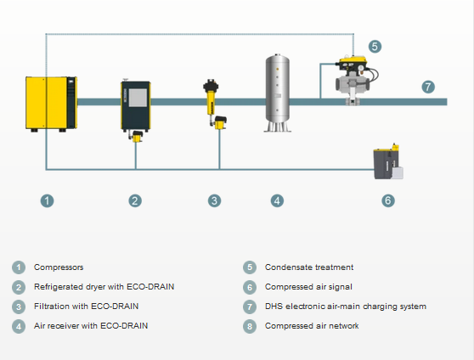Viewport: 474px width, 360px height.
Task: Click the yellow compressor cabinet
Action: [x=51, y=104]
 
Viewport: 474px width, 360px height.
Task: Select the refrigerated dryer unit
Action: [x=136, y=105]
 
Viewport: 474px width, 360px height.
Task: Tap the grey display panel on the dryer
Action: [x=138, y=98]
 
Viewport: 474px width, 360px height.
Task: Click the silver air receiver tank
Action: [x=278, y=93]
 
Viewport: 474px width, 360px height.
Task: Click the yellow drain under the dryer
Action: [x=137, y=137]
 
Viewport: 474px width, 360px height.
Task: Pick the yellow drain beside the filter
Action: [x=220, y=123]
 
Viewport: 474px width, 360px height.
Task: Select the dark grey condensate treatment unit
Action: [x=388, y=162]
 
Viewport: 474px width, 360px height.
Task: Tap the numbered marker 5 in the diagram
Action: [x=375, y=47]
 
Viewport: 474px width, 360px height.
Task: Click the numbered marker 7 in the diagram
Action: [x=428, y=87]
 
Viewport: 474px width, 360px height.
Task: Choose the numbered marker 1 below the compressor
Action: [x=48, y=201]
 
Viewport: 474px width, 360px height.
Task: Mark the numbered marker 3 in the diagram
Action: [x=214, y=201]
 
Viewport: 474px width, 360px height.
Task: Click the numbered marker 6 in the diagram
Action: [x=388, y=200]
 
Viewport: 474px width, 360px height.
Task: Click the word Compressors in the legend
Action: [x=59, y=267]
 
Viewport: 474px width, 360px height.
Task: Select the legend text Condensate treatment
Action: [x=309, y=267]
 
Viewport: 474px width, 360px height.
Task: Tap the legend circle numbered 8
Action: [x=250, y=326]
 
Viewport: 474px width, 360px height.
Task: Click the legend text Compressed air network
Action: [x=312, y=326]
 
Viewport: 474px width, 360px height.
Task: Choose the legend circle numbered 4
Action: [x=19, y=326]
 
